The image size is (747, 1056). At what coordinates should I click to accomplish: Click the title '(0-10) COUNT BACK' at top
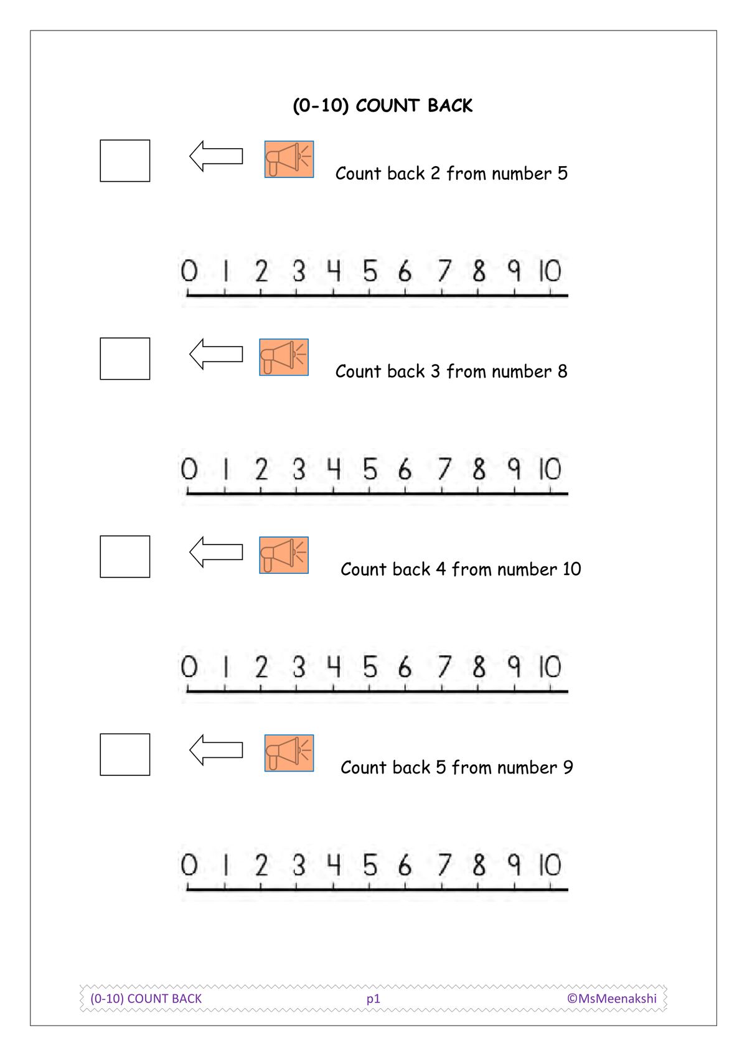tap(382, 106)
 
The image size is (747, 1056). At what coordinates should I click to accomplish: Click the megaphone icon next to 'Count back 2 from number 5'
tap(289, 159)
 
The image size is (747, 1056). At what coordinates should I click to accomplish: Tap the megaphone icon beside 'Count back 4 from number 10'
tap(284, 555)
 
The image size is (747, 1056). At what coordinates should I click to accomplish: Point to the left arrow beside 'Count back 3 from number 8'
tap(216, 354)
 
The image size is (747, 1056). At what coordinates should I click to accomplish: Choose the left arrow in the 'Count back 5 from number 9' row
tap(216, 750)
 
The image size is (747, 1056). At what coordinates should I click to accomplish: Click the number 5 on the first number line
tap(370, 271)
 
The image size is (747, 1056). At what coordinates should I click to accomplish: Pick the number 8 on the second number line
tap(479, 469)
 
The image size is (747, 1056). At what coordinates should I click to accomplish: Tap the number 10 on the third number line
tap(550, 667)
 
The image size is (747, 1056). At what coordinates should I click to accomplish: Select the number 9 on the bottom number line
tap(515, 865)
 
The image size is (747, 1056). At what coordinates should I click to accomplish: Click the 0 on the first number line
tap(189, 271)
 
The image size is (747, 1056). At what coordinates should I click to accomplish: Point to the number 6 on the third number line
tap(405, 667)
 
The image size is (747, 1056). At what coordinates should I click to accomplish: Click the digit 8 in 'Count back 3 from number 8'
tap(562, 371)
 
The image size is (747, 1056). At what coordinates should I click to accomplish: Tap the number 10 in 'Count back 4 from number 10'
tap(571, 569)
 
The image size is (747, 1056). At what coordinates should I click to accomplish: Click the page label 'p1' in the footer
tap(374, 999)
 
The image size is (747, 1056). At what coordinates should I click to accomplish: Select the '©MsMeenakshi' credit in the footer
tap(612, 999)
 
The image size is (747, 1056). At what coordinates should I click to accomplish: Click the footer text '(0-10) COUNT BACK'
tap(146, 999)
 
